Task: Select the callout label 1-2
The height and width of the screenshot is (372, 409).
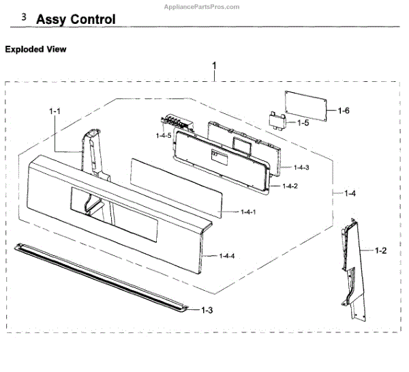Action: [x=381, y=251]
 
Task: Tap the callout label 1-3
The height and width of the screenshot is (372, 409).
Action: [x=207, y=309]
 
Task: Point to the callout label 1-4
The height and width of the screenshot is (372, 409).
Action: [x=349, y=194]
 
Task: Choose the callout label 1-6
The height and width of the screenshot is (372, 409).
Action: [x=345, y=109]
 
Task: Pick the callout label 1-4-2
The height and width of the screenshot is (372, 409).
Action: [x=290, y=186]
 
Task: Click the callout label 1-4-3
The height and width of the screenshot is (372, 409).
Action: [x=301, y=167]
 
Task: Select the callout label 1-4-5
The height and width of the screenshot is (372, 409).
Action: [x=163, y=136]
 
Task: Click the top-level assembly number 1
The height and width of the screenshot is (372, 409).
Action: [x=215, y=66]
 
